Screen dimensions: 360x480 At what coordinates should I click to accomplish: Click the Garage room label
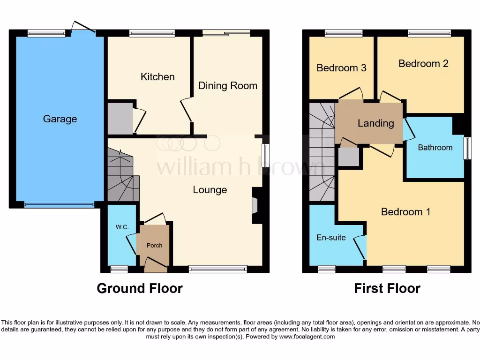(60, 119)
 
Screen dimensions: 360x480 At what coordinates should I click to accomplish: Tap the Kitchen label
(157, 77)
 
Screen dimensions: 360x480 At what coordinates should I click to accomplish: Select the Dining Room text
(228, 86)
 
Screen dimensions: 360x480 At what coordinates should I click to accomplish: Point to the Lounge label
(210, 190)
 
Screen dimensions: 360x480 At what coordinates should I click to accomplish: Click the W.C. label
(122, 227)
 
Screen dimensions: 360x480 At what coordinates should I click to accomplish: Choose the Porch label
(155, 245)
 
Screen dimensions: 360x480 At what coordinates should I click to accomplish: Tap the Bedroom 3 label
(341, 68)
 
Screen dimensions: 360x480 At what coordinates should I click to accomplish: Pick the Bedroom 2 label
(423, 64)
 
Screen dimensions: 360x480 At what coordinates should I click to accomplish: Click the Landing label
(375, 123)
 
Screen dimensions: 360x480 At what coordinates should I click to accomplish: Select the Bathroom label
(435, 148)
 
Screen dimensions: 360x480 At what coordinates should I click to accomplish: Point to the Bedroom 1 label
(405, 212)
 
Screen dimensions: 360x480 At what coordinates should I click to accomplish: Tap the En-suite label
(331, 238)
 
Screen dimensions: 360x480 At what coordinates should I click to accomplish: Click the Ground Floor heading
(140, 288)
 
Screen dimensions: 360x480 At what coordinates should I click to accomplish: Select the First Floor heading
(387, 288)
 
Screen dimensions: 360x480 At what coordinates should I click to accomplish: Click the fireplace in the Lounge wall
(255, 205)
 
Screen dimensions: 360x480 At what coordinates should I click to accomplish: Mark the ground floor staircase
(123, 176)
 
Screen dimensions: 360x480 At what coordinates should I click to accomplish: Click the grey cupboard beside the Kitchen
(120, 119)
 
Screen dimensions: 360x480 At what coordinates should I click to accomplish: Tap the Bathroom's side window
(467, 148)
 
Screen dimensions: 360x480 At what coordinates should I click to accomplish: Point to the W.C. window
(119, 269)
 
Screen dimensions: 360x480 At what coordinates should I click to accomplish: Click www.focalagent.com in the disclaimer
(307, 337)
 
